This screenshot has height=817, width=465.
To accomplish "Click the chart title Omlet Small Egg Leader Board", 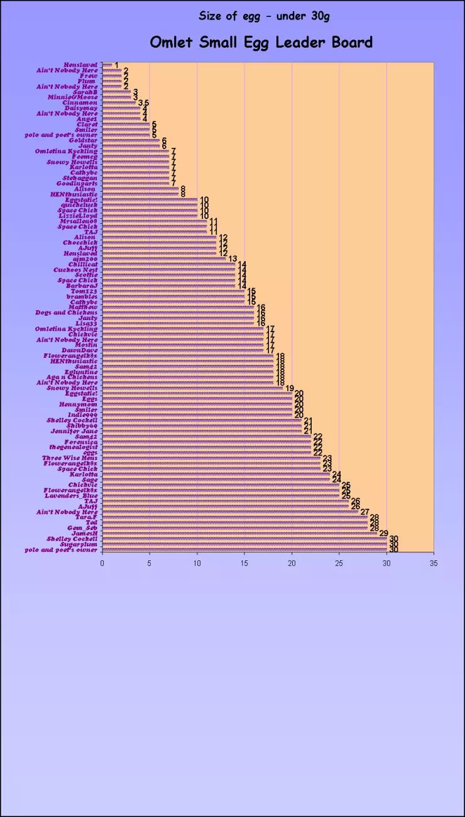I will pyautogui.click(x=261, y=42).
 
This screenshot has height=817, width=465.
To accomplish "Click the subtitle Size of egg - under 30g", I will pyautogui.click(x=264, y=16).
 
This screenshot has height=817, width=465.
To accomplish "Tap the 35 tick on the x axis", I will pyautogui.click(x=434, y=564).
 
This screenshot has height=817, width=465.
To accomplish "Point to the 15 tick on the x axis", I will pyautogui.click(x=244, y=564).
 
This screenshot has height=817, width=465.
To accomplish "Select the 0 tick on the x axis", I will pyautogui.click(x=102, y=564).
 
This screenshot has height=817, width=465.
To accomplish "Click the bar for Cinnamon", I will pyautogui.click(x=119, y=103).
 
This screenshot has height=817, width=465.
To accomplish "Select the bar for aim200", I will pyautogui.click(x=163, y=259).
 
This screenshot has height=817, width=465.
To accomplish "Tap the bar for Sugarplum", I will pyautogui.click(x=244, y=544).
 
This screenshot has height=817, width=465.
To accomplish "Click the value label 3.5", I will pyautogui.click(x=143, y=103).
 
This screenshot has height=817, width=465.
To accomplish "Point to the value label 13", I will pyautogui.click(x=232, y=259).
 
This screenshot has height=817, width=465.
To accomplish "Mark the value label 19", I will pyautogui.click(x=290, y=388).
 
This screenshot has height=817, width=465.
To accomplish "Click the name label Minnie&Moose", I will pyautogui.click(x=73, y=97).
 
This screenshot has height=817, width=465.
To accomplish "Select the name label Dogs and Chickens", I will pyautogui.click(x=67, y=313).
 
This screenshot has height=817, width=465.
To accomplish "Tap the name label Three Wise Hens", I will pyautogui.click(x=70, y=458).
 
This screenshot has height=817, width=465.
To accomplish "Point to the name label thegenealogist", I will pyautogui.click(x=74, y=447).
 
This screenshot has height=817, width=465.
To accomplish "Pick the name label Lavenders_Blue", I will pyautogui.click(x=71, y=496).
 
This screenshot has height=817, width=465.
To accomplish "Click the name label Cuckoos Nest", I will pyautogui.click(x=75, y=270).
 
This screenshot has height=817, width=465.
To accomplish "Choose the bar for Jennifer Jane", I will pyautogui.click(x=202, y=431).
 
